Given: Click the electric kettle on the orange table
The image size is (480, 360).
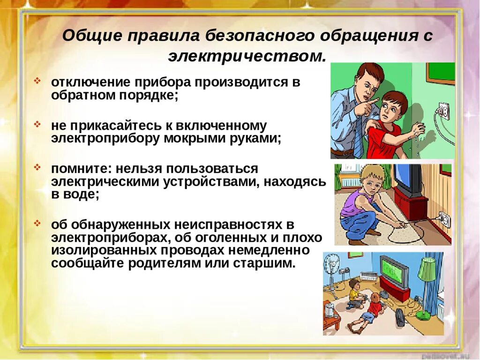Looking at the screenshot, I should [x=330, y=309].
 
